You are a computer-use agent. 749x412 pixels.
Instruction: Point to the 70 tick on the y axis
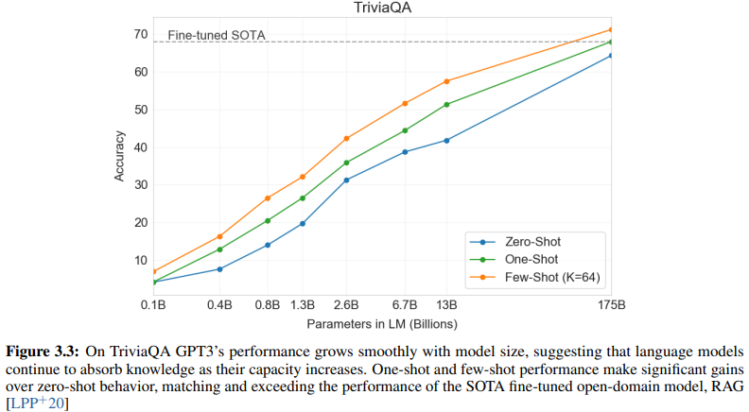[140, 35]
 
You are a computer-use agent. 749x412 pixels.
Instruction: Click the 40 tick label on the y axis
[140, 147]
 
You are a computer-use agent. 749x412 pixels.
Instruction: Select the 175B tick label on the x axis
[612, 305]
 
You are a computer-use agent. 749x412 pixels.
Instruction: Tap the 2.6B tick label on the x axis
[346, 305]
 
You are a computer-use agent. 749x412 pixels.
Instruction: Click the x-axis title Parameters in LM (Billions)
[382, 322]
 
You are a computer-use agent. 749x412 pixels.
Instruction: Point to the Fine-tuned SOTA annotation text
[217, 36]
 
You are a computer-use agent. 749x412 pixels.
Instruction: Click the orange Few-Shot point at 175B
[612, 29]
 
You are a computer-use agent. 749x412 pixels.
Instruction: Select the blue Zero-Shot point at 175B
[612, 56]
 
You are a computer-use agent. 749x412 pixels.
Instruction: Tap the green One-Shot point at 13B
[446, 104]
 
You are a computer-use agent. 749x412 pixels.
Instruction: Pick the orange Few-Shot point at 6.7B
[405, 103]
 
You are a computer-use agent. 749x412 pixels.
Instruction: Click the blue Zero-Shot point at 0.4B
[219, 269]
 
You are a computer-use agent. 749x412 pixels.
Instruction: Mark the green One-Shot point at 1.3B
[303, 198]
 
